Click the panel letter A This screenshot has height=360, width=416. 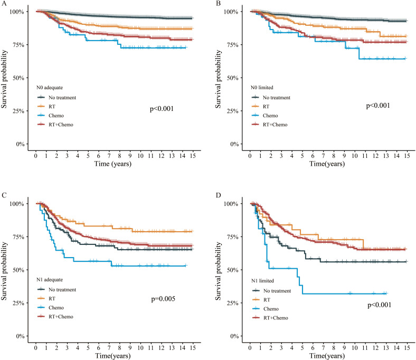pos(4,3)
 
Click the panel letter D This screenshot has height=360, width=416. pos(218,195)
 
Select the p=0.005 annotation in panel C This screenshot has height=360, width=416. pos(163,299)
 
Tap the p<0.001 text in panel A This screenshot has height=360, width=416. pos(162,109)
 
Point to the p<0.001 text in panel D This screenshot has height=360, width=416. pos(380,305)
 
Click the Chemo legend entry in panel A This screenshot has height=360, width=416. pos(56,116)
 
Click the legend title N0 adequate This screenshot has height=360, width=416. pos(50,88)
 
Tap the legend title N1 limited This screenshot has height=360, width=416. pos(262,281)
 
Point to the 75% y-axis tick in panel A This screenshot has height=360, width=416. pos(18,45)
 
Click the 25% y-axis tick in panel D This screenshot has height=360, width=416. pos(232,303)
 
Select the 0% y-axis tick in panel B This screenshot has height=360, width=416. pos(234,144)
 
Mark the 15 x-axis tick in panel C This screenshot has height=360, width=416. pos(193,348)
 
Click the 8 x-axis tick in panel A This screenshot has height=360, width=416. pos(120,156)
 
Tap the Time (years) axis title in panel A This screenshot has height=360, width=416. pos(113,164)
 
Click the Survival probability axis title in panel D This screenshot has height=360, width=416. pos(218,271)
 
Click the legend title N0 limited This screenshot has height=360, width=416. pos(262,88)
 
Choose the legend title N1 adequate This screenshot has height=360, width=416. pos(50,280)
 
